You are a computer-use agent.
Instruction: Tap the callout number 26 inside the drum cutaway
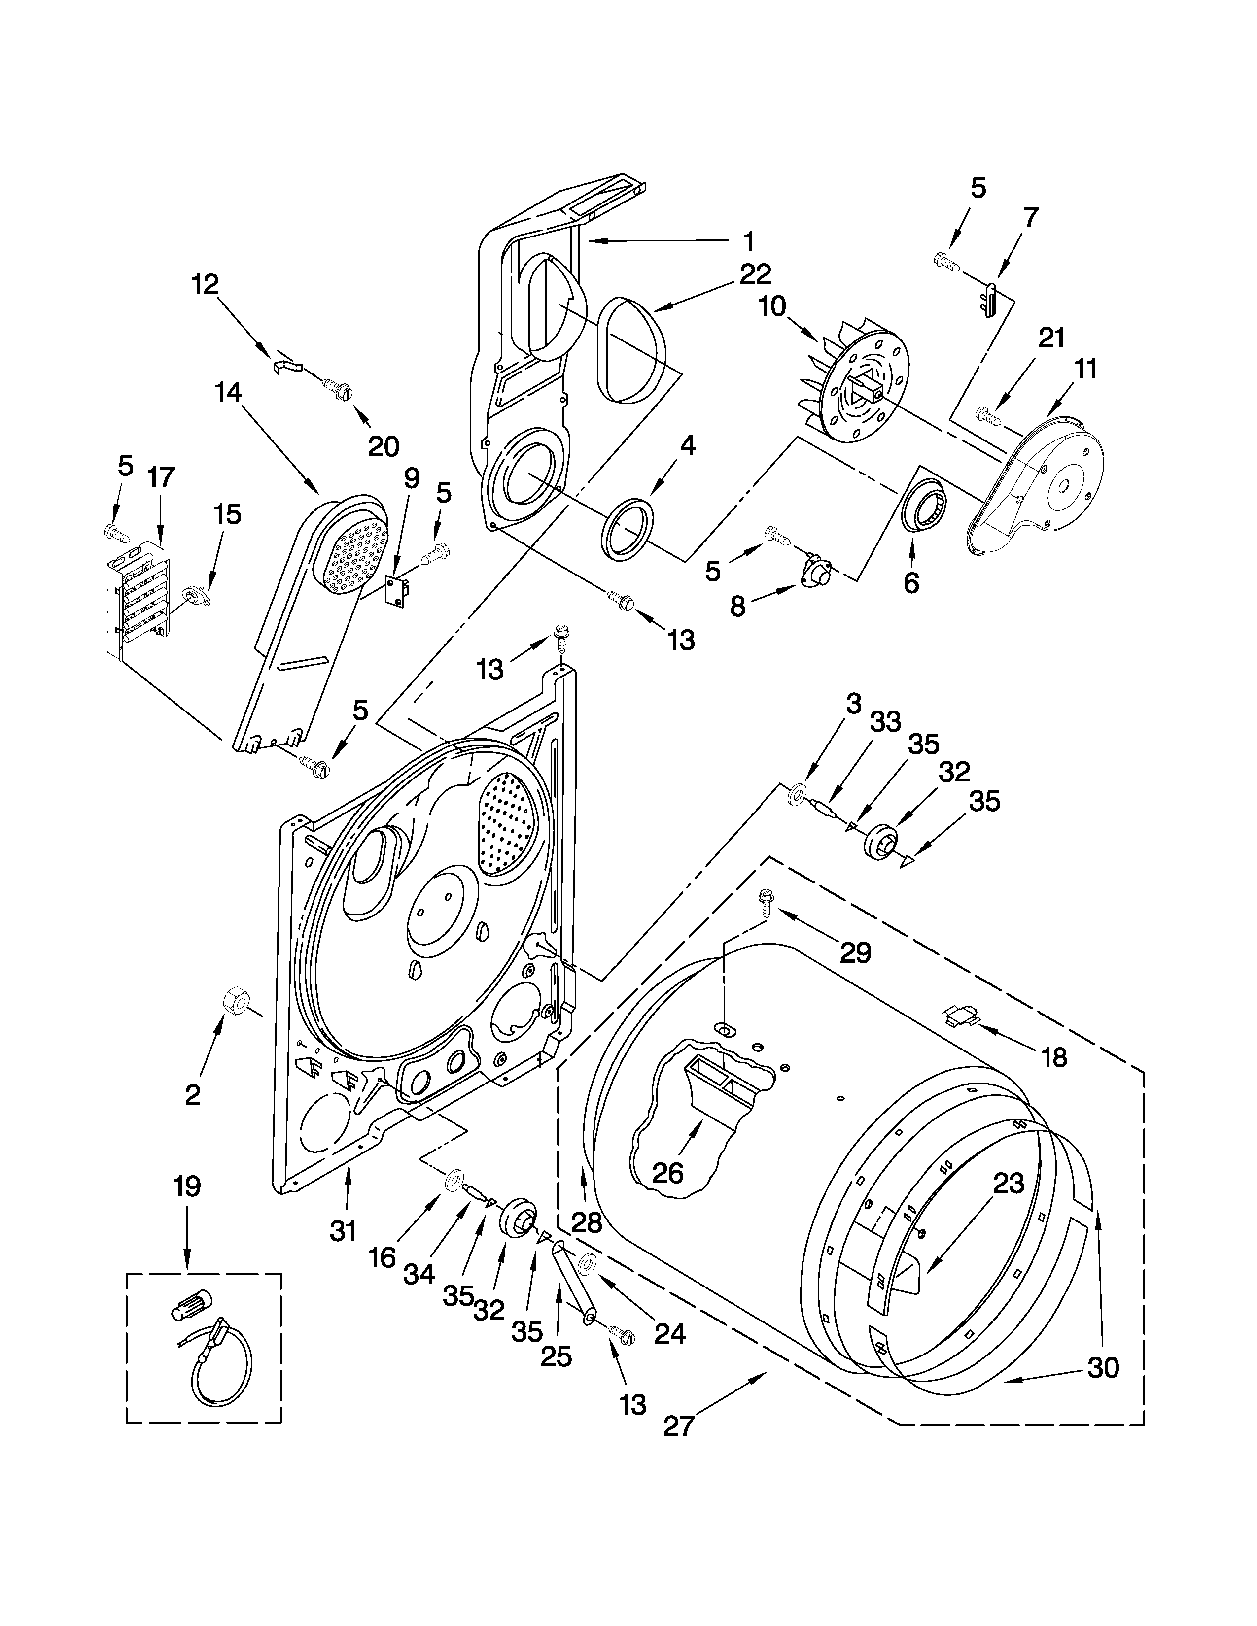click(667, 1173)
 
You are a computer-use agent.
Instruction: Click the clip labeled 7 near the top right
click(989, 299)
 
